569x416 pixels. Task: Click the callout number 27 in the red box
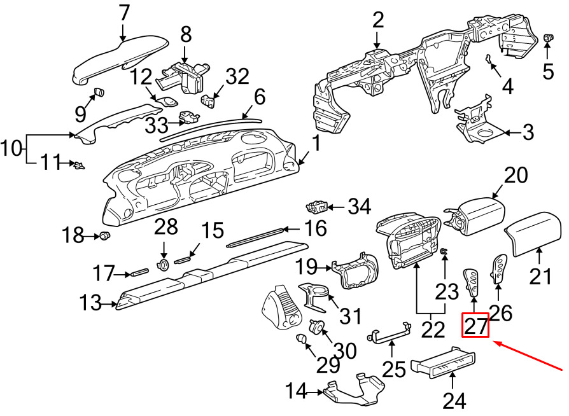click(x=475, y=325)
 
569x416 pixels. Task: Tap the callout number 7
click(x=123, y=13)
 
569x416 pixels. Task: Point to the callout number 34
click(x=360, y=207)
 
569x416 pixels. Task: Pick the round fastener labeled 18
click(x=105, y=236)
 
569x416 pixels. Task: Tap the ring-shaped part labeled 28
click(x=164, y=265)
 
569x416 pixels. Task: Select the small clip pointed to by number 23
click(x=444, y=251)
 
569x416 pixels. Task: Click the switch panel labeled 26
click(x=499, y=269)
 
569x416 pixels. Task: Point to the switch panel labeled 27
click(x=470, y=282)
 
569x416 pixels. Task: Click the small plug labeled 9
click(x=99, y=92)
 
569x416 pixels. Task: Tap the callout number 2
click(x=378, y=20)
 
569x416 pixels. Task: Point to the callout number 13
click(x=90, y=303)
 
